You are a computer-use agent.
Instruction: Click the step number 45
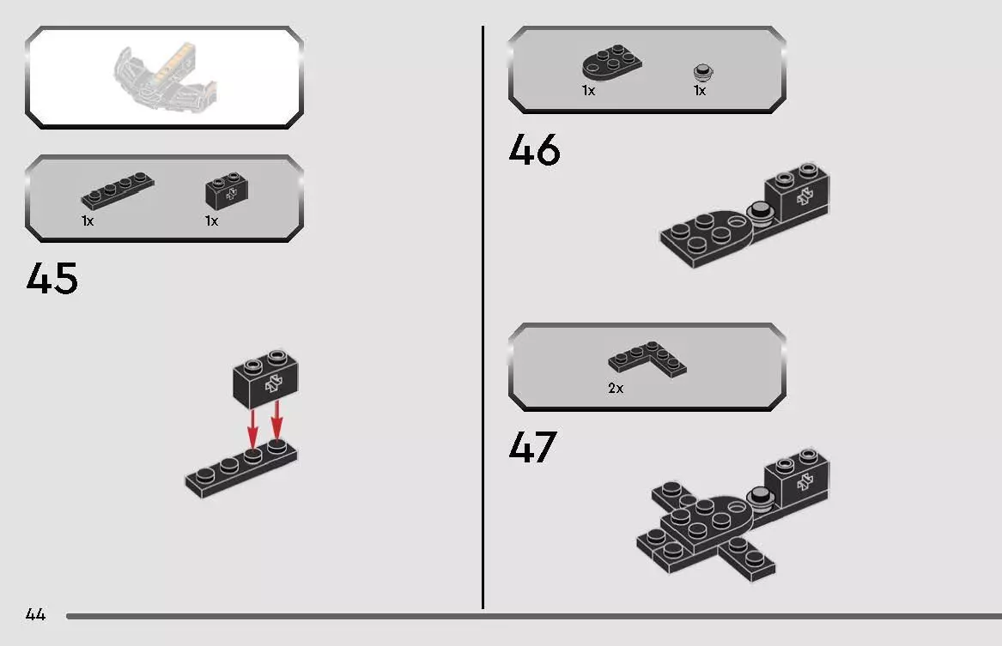tap(52, 279)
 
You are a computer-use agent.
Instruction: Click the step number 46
tap(534, 150)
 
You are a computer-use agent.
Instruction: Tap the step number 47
tap(532, 447)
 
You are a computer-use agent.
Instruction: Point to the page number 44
tap(35, 614)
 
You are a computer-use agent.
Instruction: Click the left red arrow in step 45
tap(252, 426)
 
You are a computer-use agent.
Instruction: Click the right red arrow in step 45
tap(276, 420)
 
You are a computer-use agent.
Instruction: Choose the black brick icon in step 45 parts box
tap(227, 192)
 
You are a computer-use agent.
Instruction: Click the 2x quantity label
tap(616, 389)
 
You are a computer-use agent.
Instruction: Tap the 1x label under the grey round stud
tap(700, 91)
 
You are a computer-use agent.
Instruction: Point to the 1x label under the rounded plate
tap(588, 91)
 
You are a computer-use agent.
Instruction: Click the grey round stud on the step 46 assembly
tap(759, 210)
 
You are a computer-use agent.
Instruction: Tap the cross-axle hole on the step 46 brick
tap(805, 196)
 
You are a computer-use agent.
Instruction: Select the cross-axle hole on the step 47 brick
tap(805, 482)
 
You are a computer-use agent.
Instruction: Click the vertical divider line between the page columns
tap(483, 317)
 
